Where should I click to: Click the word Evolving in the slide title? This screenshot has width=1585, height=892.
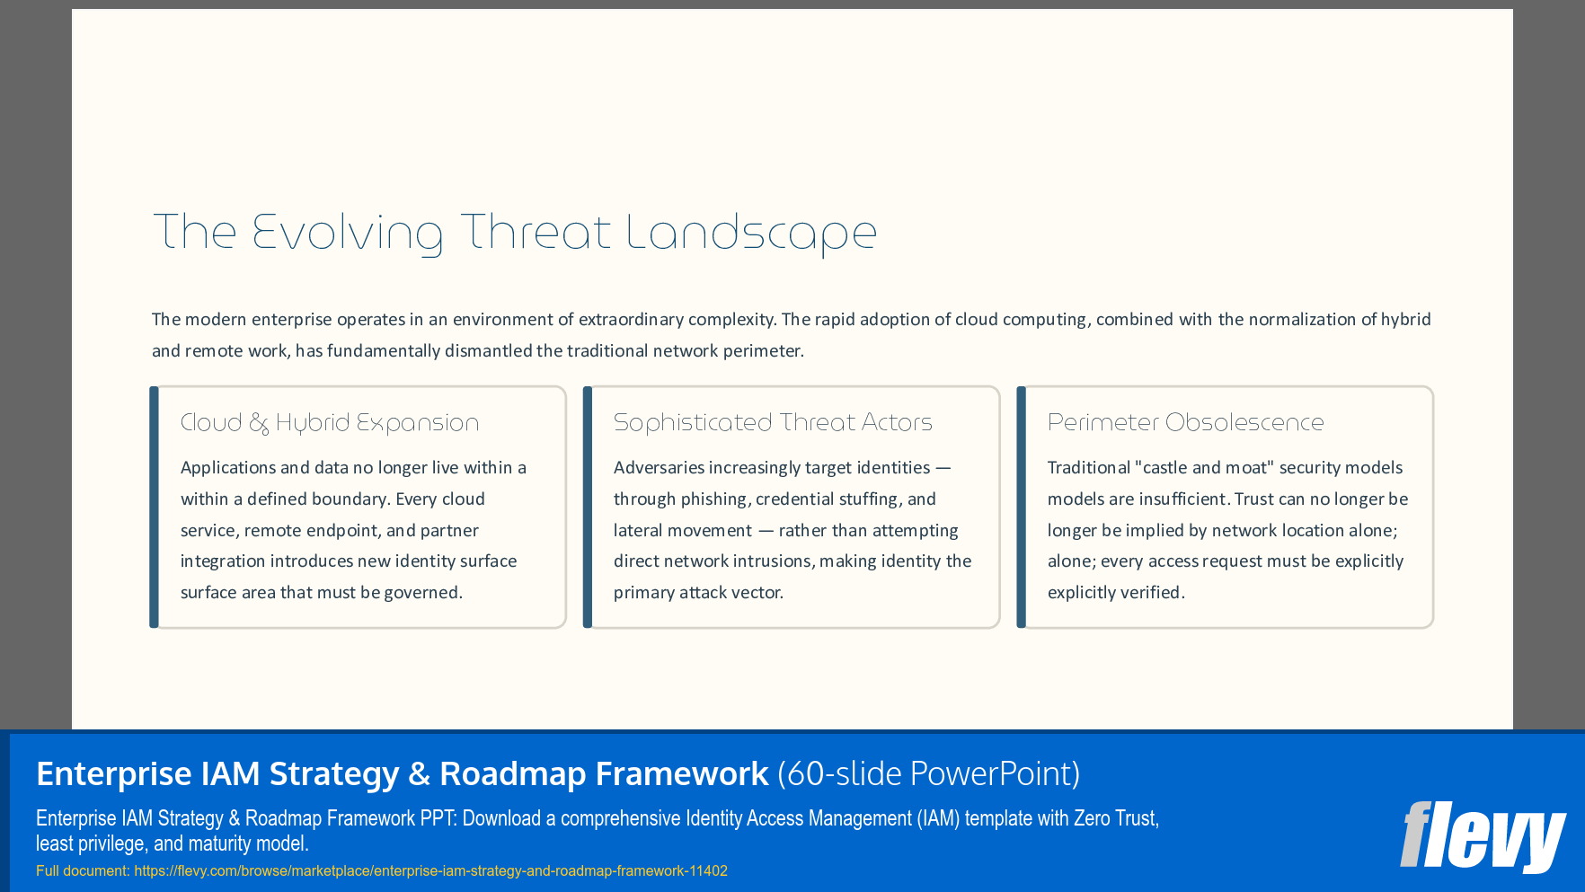(x=347, y=233)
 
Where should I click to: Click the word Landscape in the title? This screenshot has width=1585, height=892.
(x=750, y=233)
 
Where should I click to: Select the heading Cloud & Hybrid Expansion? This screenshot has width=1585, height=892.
(x=330, y=422)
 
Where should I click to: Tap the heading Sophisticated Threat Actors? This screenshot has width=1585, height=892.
(x=773, y=422)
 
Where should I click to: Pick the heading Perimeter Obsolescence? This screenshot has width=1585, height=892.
(x=1185, y=422)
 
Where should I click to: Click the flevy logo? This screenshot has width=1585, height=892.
(x=1482, y=836)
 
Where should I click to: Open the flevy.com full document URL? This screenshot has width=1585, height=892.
(x=430, y=870)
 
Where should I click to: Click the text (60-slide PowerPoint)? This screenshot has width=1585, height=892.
(x=928, y=773)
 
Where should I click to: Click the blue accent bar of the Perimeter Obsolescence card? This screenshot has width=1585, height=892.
(x=1021, y=507)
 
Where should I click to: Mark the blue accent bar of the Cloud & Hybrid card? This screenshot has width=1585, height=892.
(x=154, y=507)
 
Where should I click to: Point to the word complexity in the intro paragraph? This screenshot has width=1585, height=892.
(x=730, y=319)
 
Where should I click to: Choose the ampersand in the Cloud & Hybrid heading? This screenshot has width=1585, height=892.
(x=259, y=423)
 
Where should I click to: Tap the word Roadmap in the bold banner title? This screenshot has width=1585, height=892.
(x=512, y=773)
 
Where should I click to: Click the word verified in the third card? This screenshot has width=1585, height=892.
(x=1154, y=592)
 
